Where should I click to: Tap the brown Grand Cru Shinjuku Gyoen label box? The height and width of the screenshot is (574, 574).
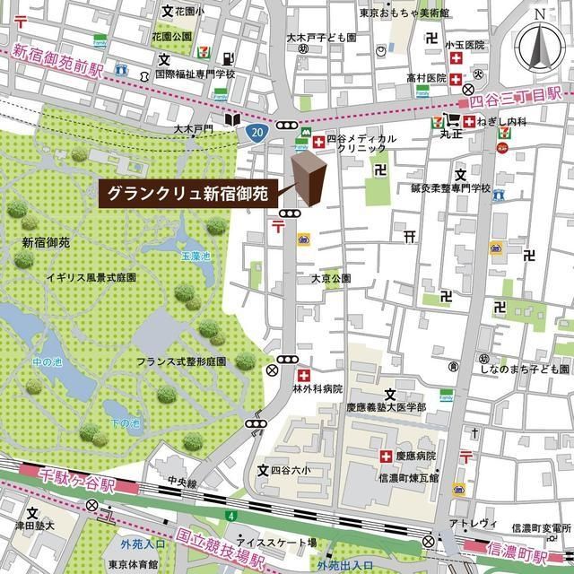(188, 193)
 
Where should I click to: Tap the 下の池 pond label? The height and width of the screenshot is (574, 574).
(126, 422)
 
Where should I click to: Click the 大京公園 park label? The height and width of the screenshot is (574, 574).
(331, 279)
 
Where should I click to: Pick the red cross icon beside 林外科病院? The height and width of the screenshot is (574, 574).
(303, 373)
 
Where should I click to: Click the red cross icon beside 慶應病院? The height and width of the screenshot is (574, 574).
(387, 455)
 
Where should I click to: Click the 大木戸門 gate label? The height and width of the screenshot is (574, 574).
(194, 129)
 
